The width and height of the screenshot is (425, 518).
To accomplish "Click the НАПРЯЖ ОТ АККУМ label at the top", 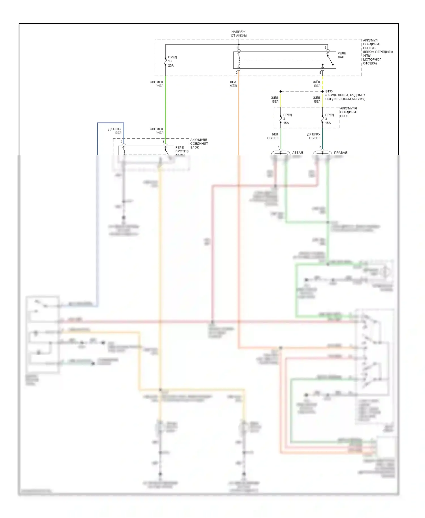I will tap(239, 34).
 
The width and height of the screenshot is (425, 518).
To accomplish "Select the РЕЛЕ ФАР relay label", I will tap(341, 55).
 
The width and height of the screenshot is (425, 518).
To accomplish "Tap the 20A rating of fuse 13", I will tap(171, 65).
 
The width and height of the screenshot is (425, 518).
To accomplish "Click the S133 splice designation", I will tap(329, 92).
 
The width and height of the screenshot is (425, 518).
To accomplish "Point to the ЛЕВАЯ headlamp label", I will tap(297, 153).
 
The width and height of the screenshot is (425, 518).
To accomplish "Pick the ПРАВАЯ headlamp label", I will tap(340, 153).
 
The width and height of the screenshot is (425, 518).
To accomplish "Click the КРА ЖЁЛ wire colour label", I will tap(233, 84).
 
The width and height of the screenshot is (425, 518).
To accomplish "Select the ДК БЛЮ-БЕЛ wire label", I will tap(115, 131).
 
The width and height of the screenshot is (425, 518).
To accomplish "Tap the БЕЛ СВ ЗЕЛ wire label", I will tap(273, 136).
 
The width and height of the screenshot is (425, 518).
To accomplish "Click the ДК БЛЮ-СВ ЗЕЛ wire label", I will tap(314, 136).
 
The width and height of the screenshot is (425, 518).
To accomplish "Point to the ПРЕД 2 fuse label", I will tap(287, 116).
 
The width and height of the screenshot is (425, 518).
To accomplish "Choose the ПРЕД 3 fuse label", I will tap(329, 116).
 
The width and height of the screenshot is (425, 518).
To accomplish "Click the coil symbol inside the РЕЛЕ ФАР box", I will tap(239, 60).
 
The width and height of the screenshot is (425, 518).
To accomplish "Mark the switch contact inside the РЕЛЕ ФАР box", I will tap(330, 60).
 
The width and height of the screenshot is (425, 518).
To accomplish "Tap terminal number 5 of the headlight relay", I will tap(320, 73).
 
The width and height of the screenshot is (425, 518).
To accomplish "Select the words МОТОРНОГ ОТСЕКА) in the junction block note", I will tap(372, 61).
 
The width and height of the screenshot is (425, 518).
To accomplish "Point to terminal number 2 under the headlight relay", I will tap(237, 73).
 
